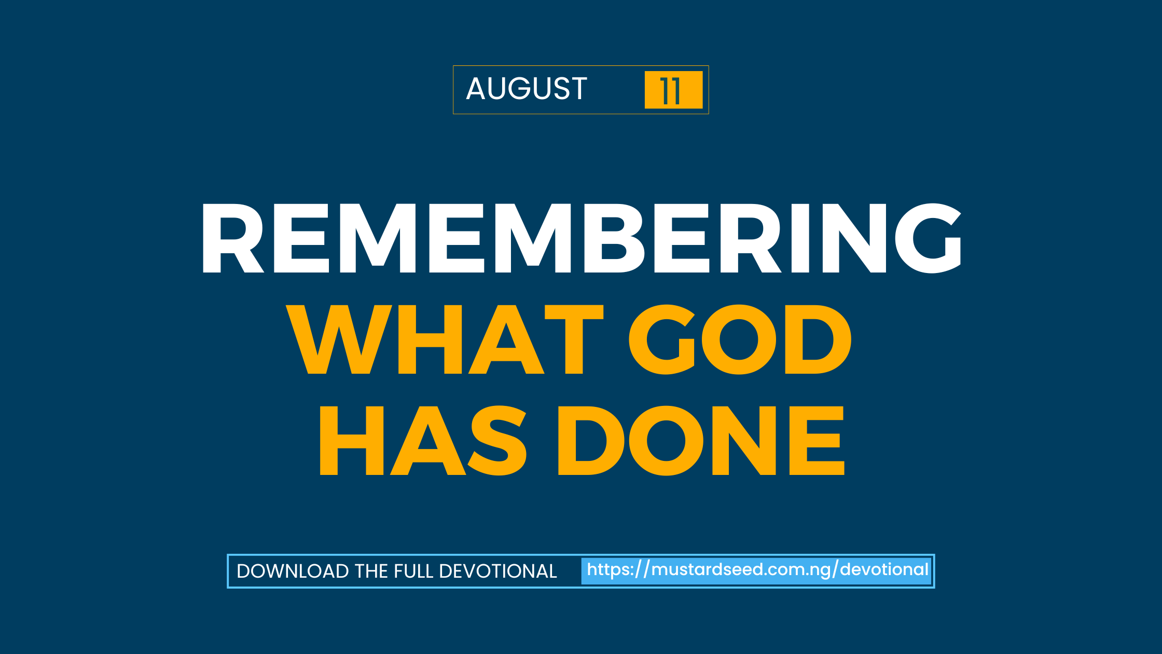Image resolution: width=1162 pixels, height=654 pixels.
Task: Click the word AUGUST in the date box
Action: tap(527, 88)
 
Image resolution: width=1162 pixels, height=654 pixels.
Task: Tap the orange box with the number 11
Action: tap(673, 90)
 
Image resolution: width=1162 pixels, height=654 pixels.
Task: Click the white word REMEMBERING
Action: tap(581, 238)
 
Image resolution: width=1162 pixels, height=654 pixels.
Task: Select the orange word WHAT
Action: tap(445, 339)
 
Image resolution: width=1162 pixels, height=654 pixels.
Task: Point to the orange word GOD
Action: tap(740, 339)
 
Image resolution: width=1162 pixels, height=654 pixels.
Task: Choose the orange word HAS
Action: tap(423, 441)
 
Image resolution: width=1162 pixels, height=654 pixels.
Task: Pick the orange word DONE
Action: tap(701, 441)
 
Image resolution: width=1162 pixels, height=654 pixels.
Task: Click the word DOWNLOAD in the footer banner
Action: tap(293, 571)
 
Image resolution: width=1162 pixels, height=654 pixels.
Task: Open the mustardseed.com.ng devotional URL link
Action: tap(757, 570)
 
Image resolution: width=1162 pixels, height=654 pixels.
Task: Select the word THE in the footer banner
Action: tap(371, 571)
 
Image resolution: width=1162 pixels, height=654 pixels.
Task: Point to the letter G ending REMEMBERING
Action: tap(929, 238)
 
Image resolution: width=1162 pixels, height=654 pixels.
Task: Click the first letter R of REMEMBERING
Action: tap(233, 238)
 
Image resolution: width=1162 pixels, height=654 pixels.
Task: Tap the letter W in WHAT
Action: tap(339, 339)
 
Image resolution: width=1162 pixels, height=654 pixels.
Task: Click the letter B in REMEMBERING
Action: tap(614, 238)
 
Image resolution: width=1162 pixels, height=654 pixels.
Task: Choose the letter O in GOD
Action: tap(739, 339)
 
